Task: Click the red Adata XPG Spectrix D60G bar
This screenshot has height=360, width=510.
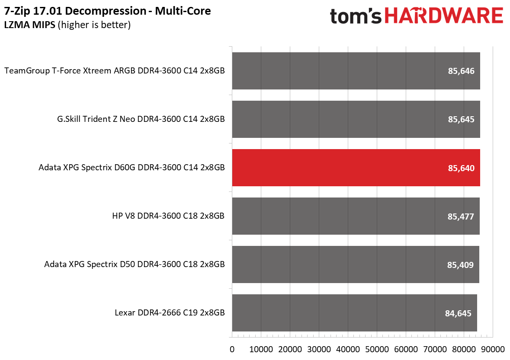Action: coord(356,168)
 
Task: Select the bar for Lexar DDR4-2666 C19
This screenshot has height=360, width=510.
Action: coord(355,313)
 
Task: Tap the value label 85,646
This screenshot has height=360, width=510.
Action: coord(461,71)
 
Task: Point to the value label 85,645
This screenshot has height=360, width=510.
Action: coord(461,119)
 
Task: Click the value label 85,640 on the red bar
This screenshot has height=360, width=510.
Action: coord(461,168)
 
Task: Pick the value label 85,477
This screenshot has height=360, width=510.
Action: coord(461,217)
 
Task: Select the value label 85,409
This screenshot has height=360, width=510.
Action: coord(460,265)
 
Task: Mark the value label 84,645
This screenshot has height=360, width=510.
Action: coord(458,313)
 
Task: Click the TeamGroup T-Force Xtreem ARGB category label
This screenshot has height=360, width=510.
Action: coord(115,71)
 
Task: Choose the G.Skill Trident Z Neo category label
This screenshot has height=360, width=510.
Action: coord(141,119)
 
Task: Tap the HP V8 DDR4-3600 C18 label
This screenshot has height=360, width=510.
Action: coord(168,216)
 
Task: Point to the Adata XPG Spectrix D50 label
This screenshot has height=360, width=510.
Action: coord(135,264)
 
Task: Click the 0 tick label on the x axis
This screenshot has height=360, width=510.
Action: coord(232,349)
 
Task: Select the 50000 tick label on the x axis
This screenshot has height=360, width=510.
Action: coord(377,349)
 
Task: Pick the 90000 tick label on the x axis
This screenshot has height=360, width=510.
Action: coord(493,349)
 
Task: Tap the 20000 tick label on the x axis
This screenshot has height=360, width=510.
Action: coord(290,349)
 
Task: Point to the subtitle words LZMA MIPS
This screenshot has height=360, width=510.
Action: coord(29,25)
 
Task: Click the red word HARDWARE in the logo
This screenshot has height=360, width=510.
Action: coord(444,16)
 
